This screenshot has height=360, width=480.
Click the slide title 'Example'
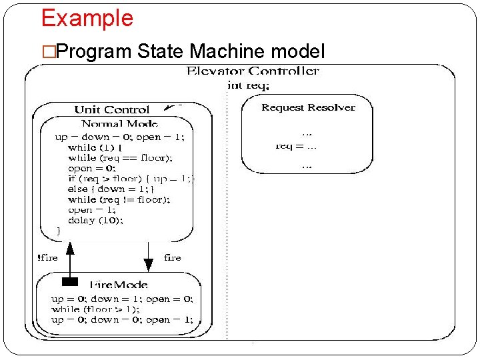87,18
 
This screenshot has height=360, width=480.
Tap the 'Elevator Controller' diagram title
253,71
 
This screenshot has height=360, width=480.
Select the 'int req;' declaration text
249,85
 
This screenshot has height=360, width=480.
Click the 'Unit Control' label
112,109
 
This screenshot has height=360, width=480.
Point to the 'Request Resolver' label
308,107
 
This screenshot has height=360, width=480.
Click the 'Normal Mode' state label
119,124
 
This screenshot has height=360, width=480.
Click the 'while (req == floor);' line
120,158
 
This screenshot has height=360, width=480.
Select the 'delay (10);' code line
96,220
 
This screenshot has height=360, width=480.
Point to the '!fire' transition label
47,258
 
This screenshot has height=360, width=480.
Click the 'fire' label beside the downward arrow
172,258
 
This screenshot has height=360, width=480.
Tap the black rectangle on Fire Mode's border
70,281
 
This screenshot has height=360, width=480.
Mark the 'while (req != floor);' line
119,199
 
